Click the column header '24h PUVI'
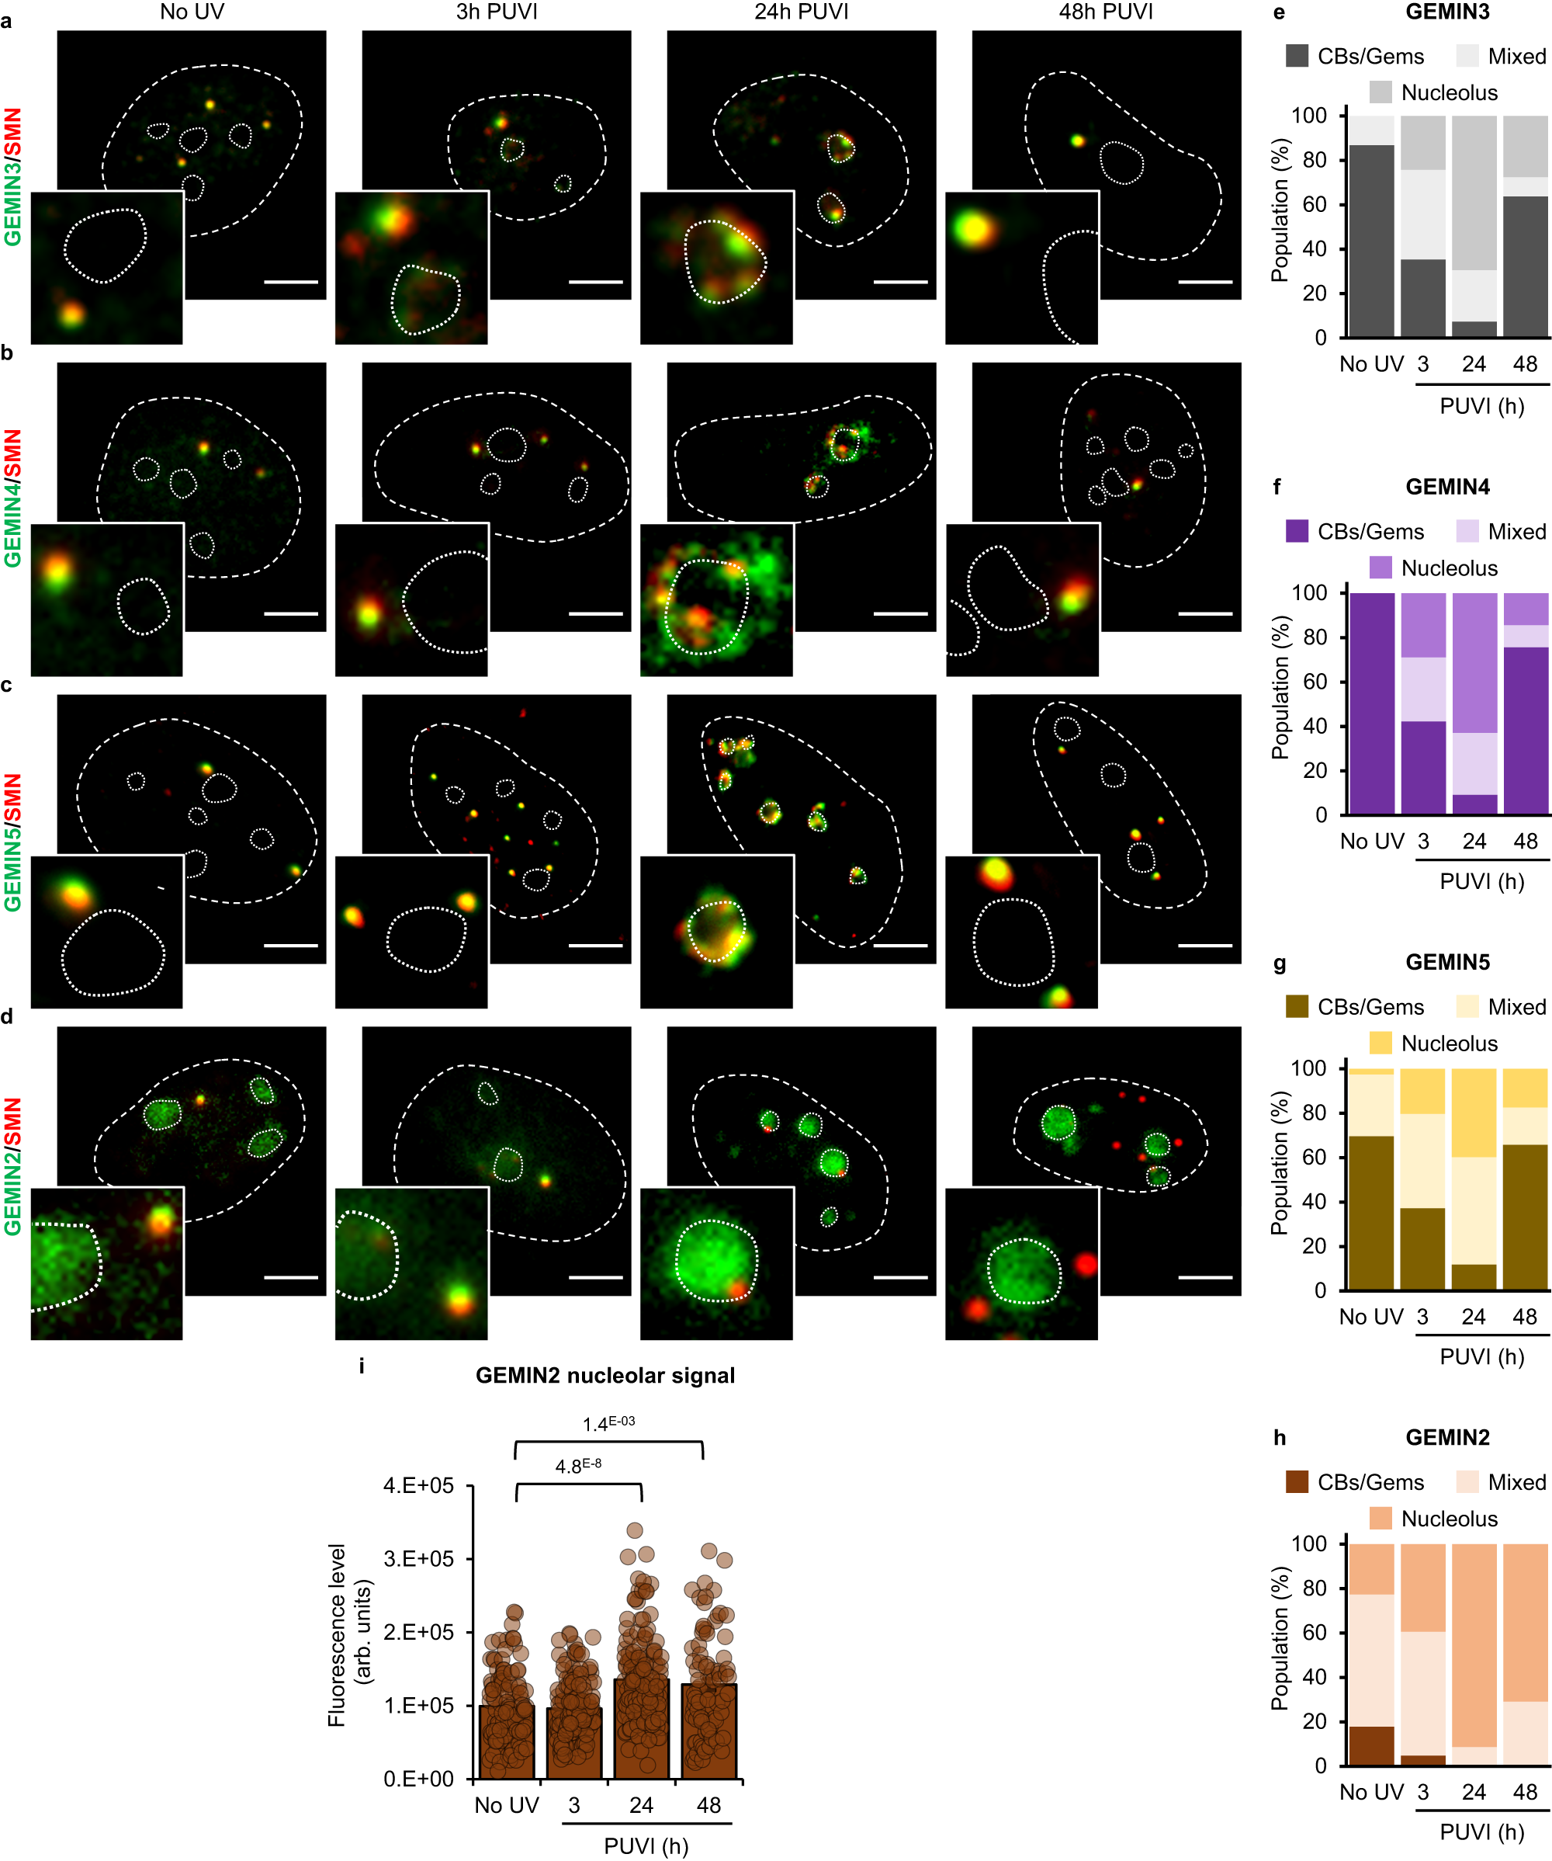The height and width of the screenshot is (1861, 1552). click(x=801, y=12)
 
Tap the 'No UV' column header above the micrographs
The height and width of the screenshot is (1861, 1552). click(x=192, y=12)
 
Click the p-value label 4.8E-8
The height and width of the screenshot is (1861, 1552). click(x=577, y=1466)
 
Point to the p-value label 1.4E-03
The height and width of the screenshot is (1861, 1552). click(x=608, y=1423)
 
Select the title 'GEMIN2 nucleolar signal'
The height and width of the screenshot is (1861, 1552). click(x=605, y=1375)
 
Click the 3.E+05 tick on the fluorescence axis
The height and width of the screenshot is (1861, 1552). click(x=418, y=1559)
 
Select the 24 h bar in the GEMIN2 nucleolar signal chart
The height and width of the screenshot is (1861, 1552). click(x=641, y=1728)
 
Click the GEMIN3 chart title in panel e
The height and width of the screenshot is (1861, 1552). click(x=1446, y=12)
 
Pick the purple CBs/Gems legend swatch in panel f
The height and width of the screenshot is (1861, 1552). click(x=1297, y=532)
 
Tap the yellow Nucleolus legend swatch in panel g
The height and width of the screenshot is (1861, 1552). click(x=1381, y=1043)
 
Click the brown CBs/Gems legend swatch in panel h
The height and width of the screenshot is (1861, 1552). click(x=1297, y=1481)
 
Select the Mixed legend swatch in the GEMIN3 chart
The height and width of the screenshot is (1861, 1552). click(x=1467, y=57)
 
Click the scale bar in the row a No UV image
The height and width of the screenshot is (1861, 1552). click(x=290, y=282)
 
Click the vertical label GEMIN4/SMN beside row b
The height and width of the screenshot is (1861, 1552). click(x=12, y=498)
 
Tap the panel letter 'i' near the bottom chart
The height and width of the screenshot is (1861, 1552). click(x=362, y=1366)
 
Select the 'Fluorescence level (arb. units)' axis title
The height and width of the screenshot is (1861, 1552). click(x=349, y=1635)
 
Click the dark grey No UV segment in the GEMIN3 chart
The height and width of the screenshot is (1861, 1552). click(x=1371, y=241)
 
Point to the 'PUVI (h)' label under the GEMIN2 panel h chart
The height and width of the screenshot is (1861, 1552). click(x=1481, y=1831)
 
